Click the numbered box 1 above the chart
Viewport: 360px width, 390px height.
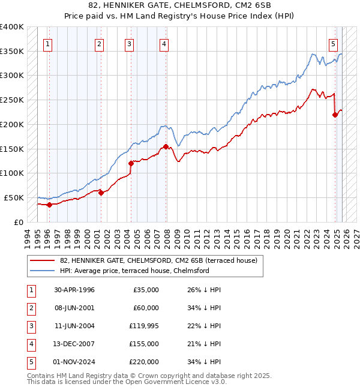47,43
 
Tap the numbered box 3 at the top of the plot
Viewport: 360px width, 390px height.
129,43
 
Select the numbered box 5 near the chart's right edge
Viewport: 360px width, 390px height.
333,43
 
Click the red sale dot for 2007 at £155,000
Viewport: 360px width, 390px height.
166,146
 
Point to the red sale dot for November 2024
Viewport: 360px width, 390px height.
335,115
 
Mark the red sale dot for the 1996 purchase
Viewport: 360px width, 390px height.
49,205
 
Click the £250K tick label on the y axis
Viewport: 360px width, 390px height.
11,100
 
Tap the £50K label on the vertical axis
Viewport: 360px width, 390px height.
14,197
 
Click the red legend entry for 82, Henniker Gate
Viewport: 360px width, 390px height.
158,260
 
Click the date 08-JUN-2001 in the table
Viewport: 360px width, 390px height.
74,308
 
